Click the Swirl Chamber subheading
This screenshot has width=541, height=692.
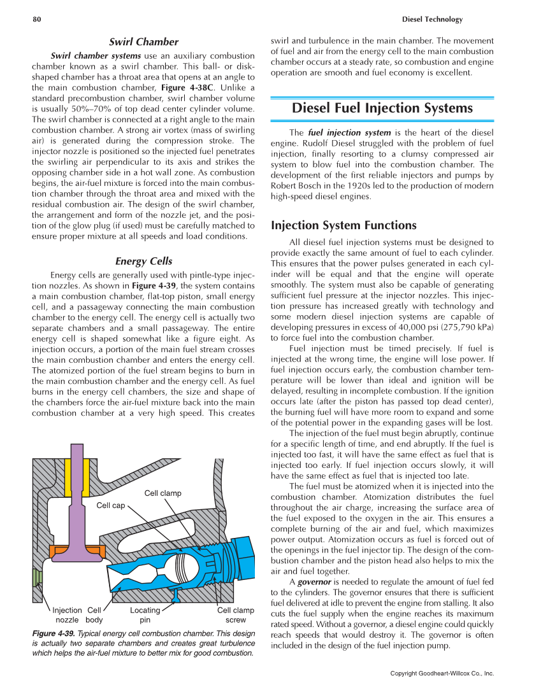click(x=143, y=42)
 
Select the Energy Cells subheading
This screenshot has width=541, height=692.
click(x=143, y=261)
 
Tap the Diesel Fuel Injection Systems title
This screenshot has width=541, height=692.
click(x=382, y=108)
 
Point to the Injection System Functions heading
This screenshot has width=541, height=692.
click(x=343, y=225)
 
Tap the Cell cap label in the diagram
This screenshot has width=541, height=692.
click(x=110, y=505)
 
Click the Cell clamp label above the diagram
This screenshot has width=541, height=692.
click(x=162, y=493)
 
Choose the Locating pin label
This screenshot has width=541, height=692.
click(x=145, y=614)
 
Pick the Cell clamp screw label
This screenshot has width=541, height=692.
click(x=235, y=614)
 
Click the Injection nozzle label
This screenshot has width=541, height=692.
click(x=67, y=614)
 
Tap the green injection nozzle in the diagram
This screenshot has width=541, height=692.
click(x=36, y=579)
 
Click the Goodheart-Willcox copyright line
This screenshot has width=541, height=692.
click(x=442, y=673)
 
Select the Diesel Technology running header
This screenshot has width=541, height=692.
click(x=433, y=20)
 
